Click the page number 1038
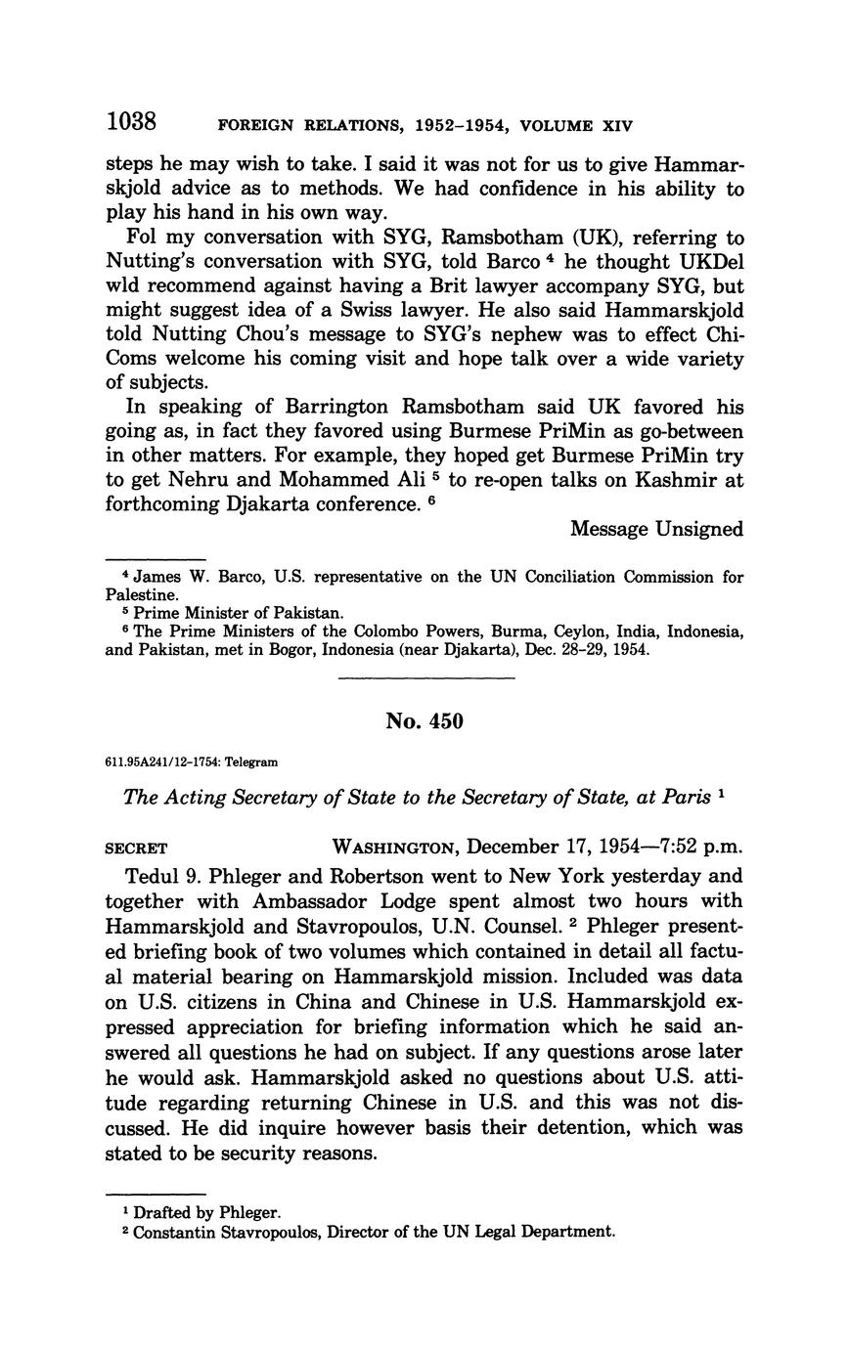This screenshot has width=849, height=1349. pyautogui.click(x=132, y=122)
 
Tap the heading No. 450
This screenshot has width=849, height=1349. pyautogui.click(x=424, y=721)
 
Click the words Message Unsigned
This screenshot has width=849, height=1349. pyautogui.click(x=656, y=529)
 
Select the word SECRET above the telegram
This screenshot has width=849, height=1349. pyautogui.click(x=136, y=848)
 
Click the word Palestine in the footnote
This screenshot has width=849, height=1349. pyautogui.click(x=141, y=594)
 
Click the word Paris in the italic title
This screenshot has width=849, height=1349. pyautogui.click(x=687, y=797)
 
